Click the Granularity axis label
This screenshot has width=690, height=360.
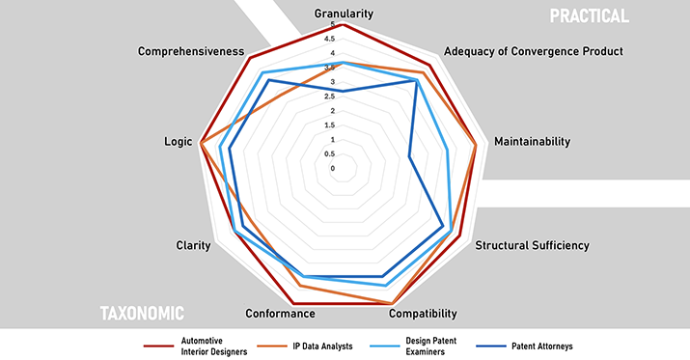pyautogui.click(x=344, y=14)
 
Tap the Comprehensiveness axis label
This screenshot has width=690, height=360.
pyautogui.click(x=191, y=51)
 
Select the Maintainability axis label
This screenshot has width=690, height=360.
pyautogui.click(x=532, y=141)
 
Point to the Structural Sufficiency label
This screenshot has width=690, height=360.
pyautogui.click(x=532, y=245)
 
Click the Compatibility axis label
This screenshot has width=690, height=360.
pyautogui.click(x=423, y=314)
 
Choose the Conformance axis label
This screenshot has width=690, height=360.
pyautogui.click(x=280, y=314)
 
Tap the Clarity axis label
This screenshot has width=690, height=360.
pyautogui.click(x=193, y=245)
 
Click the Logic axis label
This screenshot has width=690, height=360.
pyautogui.click(x=179, y=142)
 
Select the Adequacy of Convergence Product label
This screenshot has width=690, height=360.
pyautogui.click(x=534, y=51)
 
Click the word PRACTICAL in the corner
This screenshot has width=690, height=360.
pyautogui.click(x=590, y=16)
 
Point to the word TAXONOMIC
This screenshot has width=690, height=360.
pyautogui.click(x=142, y=314)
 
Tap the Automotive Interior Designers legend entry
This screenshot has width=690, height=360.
pyautogui.click(x=195, y=346)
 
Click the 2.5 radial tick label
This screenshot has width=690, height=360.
pyautogui.click(x=330, y=97)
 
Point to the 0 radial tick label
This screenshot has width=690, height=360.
pyautogui.click(x=333, y=169)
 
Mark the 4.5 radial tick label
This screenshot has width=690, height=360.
pyautogui.click(x=330, y=40)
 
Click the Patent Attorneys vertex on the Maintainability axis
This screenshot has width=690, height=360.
pyautogui.click(x=409, y=155)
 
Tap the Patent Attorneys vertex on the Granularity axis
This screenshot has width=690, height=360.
pyautogui.click(x=344, y=91)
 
